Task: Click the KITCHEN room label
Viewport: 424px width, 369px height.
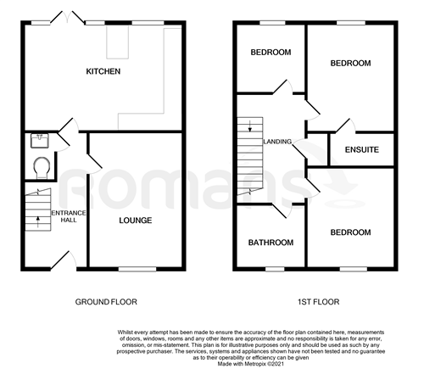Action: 103,71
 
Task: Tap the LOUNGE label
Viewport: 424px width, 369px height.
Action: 136,221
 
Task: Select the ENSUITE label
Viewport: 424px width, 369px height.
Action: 362,149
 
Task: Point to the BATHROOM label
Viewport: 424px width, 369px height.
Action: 271,243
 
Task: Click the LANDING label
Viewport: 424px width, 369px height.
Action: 277,142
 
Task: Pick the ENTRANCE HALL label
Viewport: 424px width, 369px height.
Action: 69,216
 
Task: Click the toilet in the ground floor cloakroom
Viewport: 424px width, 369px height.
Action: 42,167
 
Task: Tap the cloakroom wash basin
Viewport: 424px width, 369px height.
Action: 40,141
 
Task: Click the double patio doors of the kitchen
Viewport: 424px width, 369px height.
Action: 67,17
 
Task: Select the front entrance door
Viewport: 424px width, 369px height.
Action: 64,260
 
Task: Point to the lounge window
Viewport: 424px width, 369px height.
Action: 137,269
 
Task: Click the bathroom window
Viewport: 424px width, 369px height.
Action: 275,269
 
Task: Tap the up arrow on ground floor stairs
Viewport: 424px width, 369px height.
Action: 38,221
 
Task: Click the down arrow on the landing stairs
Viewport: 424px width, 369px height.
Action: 250,126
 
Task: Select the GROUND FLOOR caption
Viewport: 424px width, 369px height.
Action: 106,302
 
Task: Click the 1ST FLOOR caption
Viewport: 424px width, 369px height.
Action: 319,302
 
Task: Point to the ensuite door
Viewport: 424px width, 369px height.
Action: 345,126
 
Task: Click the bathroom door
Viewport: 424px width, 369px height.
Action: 282,210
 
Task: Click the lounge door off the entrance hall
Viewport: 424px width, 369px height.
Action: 94,164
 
